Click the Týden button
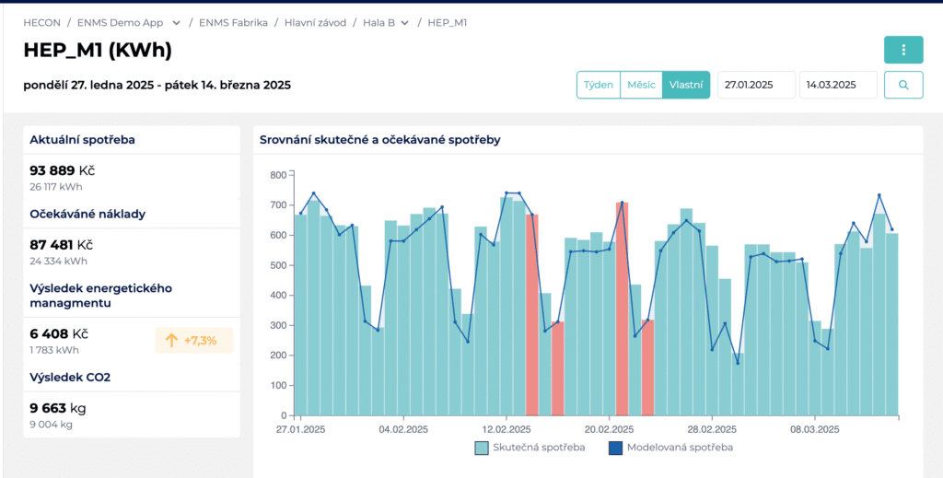(599, 85)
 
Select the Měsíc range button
(641, 85)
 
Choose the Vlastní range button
(686, 85)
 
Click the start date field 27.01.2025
(757, 85)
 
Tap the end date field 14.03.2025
(838, 85)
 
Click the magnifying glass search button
(903, 85)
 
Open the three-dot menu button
(903, 50)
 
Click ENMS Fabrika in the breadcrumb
(233, 23)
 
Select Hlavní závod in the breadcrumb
(315, 23)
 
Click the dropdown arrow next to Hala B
(405, 23)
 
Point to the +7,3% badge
(194, 341)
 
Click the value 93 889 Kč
(63, 170)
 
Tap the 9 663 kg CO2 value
(58, 409)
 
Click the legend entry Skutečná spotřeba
(530, 448)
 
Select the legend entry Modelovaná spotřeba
(670, 448)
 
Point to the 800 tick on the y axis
(278, 175)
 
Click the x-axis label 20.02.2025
(610, 430)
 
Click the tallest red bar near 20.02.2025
(622, 309)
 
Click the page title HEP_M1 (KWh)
(98, 51)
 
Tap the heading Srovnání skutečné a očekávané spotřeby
(380, 140)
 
